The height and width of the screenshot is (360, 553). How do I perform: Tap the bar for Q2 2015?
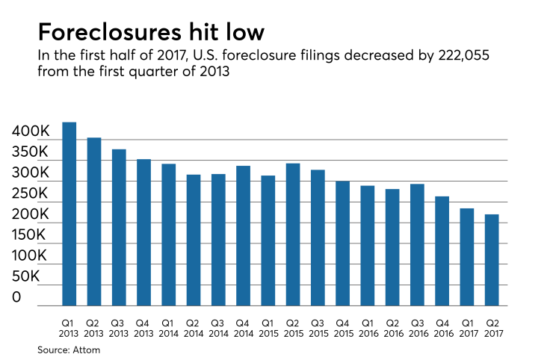pyautogui.click(x=293, y=235)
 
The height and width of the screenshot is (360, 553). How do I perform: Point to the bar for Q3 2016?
pyautogui.click(x=417, y=245)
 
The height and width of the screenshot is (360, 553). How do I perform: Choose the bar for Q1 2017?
pyautogui.click(x=467, y=257)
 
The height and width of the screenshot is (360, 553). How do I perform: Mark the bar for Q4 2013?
pyautogui.click(x=143, y=232)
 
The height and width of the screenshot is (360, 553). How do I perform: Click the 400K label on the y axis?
pyautogui.click(x=31, y=131)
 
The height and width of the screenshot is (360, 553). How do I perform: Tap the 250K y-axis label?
pyautogui.click(x=31, y=193)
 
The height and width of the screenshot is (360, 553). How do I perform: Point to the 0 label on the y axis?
pyautogui.click(x=16, y=297)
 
